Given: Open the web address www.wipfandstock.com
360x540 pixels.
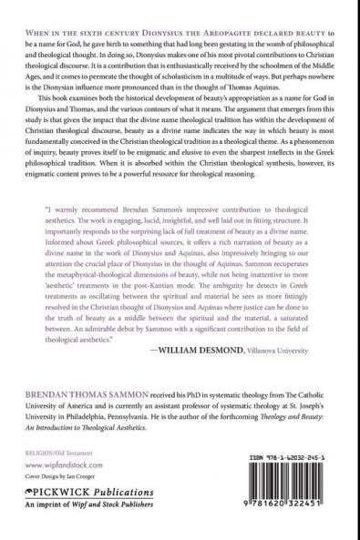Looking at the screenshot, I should [x=57, y=463].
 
